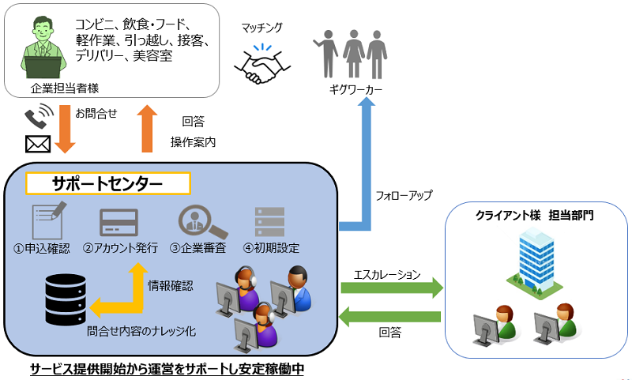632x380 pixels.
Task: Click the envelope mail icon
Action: pyautogui.click(x=38, y=144)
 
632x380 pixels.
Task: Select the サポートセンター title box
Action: pyautogui.click(x=108, y=183)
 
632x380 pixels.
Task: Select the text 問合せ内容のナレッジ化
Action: pyautogui.click(x=141, y=333)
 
